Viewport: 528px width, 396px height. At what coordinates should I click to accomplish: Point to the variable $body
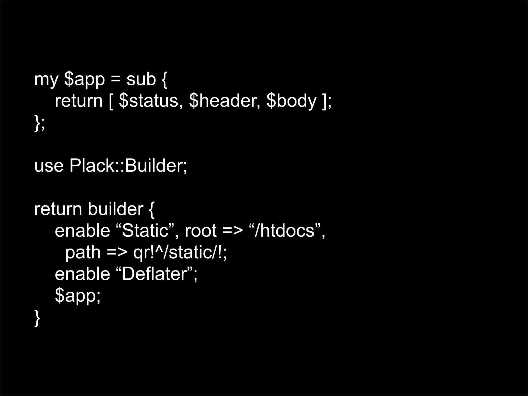coord(291,101)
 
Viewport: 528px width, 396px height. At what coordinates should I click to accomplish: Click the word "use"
coord(49,166)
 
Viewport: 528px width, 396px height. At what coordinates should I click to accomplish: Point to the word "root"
coord(201,231)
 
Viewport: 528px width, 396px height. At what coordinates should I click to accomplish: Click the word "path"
coord(83,252)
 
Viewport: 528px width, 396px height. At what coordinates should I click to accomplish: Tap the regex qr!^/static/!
coord(179,252)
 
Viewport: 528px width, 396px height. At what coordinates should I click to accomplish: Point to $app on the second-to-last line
coord(77,296)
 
